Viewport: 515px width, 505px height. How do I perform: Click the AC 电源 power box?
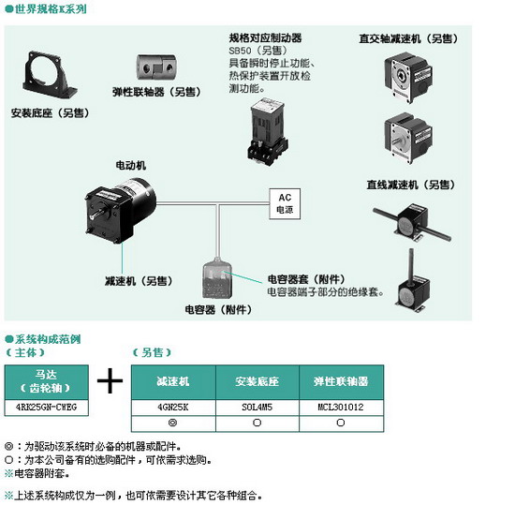(285, 203)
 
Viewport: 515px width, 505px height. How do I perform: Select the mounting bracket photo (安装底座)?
(50, 75)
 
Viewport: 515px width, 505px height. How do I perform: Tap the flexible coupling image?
(156, 67)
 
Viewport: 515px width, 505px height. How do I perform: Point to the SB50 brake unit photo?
(268, 131)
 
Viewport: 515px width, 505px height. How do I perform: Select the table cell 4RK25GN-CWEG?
(46, 408)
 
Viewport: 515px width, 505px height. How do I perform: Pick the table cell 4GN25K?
(173, 408)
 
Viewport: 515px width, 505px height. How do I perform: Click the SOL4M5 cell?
(257, 408)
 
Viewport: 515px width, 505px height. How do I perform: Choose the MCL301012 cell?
(341, 408)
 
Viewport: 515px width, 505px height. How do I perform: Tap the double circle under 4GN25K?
(172, 423)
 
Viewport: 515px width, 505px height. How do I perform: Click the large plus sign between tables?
(110, 380)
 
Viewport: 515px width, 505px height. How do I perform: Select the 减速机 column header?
(173, 381)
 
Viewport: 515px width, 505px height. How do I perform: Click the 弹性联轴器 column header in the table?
(341, 381)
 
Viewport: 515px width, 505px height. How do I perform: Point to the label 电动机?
(131, 165)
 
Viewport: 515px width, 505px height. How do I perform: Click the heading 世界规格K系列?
(51, 8)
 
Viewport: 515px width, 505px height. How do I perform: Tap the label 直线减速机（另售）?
(410, 185)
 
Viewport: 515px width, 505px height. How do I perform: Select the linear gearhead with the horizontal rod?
(413, 222)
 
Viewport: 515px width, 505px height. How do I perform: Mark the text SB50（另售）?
(258, 51)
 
